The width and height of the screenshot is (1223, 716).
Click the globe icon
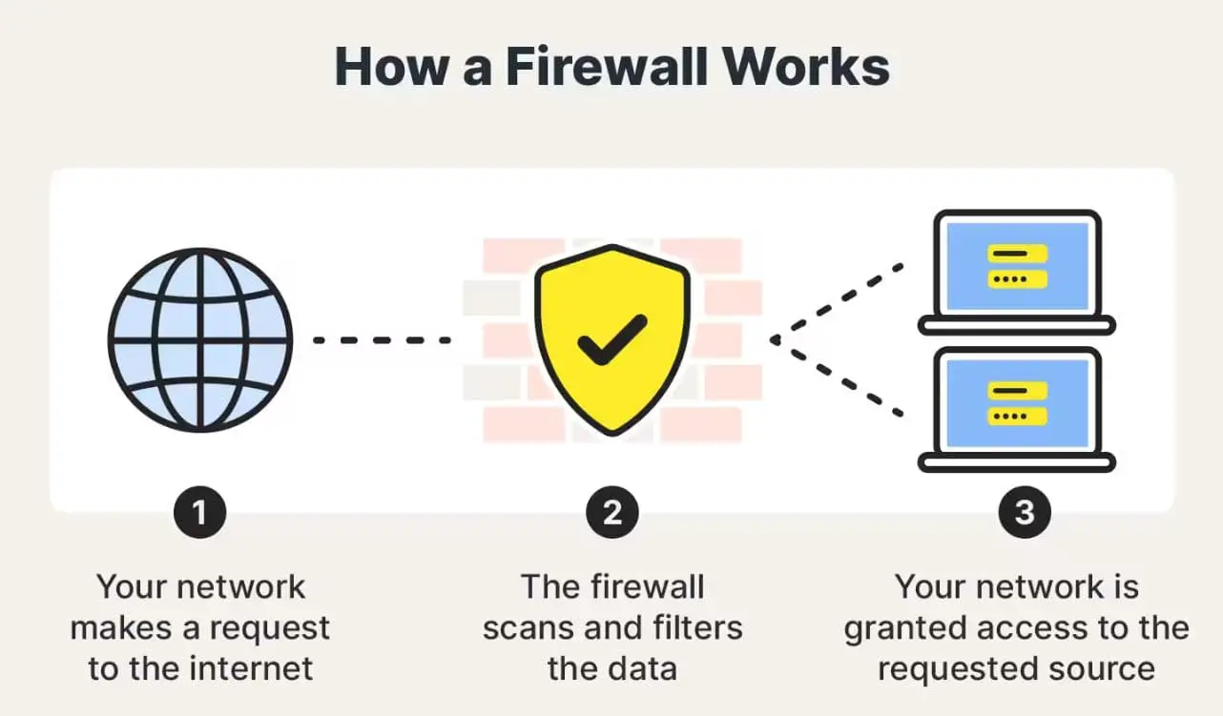pos(199,339)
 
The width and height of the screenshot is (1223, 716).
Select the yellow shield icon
pos(611,339)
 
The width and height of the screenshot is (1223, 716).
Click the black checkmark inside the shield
pos(611,340)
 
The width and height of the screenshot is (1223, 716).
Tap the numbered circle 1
pos(199,513)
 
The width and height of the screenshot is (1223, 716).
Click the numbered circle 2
pos(611,513)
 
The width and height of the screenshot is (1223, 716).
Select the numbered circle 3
pos(1024,513)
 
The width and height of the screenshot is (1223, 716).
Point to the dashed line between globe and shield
pos(382,340)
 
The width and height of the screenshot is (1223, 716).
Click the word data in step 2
pos(642,668)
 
